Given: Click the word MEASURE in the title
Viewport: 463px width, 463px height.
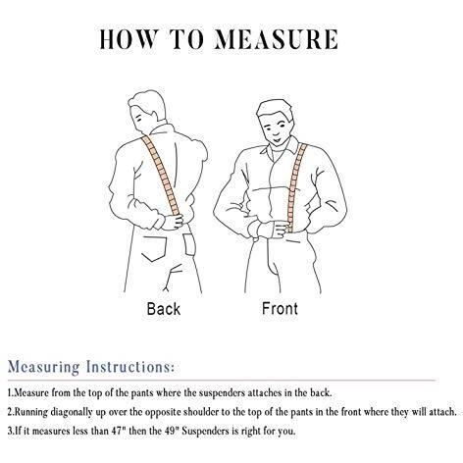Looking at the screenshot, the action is tap(276, 39).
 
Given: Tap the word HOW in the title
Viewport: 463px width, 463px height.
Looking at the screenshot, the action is tap(127, 39).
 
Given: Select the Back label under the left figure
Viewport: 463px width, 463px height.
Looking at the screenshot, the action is tap(164, 309).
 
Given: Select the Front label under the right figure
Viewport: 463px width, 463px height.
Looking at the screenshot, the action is tap(280, 309).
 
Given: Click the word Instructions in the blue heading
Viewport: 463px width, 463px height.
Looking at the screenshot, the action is tap(130, 367).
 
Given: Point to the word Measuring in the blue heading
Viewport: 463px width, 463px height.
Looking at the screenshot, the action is tap(43, 367).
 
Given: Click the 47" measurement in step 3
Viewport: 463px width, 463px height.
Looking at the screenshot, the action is tap(119, 431).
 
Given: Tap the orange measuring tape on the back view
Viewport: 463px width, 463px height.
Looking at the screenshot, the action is tap(161, 176).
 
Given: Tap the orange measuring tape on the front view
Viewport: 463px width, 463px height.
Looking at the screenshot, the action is tap(296, 187).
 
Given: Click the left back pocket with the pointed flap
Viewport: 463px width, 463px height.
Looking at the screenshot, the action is tap(154, 248).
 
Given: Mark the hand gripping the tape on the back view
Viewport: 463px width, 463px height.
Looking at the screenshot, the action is tap(173, 223).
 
